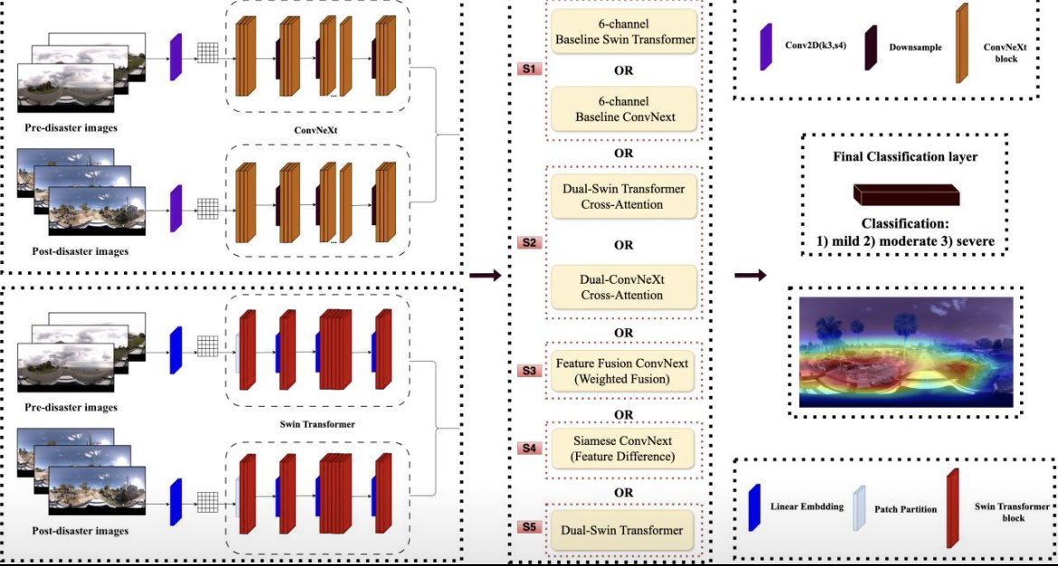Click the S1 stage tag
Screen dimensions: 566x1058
[528, 68]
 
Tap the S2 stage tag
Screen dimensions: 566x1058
[528, 243]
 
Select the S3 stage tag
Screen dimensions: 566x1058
[528, 370]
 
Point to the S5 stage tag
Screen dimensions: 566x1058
[528, 526]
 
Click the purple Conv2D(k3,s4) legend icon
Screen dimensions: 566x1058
[765, 47]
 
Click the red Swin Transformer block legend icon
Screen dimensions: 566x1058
[952, 508]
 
